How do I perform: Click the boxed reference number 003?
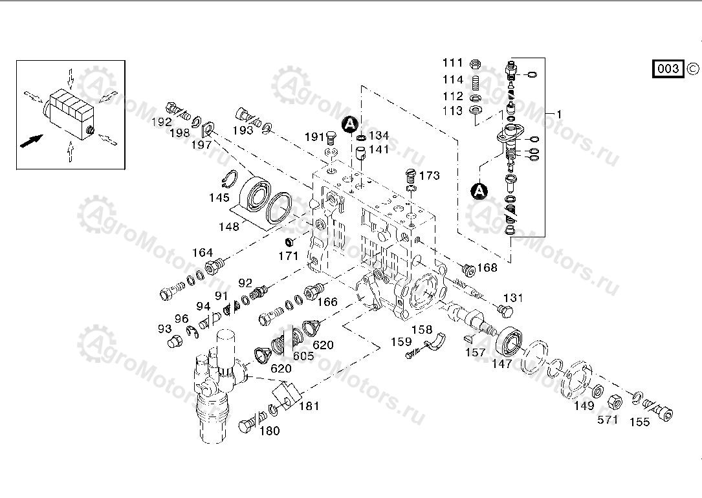669,69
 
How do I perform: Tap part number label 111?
453,63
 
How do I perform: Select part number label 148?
229,226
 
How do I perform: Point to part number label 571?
608,419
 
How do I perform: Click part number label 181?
309,406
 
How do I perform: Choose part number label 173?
429,175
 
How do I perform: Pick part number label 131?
512,298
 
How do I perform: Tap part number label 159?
401,341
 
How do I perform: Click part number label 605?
303,356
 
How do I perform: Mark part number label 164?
203,252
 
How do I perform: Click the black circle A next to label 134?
350,123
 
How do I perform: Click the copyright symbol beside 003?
692,69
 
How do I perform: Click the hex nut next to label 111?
474,63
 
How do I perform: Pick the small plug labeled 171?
291,242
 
